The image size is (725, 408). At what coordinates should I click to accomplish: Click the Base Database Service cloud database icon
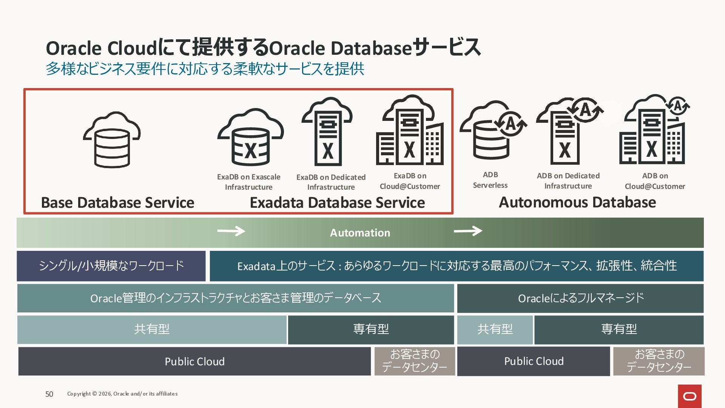click(x=112, y=140)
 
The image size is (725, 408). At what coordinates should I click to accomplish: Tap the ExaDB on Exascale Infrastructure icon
click(x=250, y=138)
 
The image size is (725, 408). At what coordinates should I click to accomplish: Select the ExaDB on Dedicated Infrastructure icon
click(x=327, y=132)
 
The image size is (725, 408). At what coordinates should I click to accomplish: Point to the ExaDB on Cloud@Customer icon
click(x=410, y=130)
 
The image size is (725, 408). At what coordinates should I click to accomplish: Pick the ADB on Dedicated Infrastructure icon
click(x=569, y=131)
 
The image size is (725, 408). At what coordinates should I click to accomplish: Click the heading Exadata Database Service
click(x=337, y=203)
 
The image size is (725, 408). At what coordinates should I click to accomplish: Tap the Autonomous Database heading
click(x=577, y=202)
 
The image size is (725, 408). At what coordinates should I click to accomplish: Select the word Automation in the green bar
click(x=360, y=233)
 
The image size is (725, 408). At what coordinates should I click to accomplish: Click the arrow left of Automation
click(x=231, y=231)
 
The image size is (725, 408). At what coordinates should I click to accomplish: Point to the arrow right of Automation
click(x=468, y=230)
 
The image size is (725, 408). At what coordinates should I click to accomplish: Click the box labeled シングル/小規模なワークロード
click(x=111, y=266)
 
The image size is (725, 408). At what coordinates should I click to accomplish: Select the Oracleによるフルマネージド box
click(x=580, y=298)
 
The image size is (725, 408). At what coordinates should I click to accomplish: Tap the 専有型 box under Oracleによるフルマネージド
click(x=619, y=329)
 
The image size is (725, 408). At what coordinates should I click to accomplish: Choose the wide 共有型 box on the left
click(x=152, y=329)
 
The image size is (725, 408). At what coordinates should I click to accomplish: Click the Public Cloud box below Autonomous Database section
click(x=534, y=362)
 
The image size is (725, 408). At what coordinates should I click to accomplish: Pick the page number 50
click(x=49, y=394)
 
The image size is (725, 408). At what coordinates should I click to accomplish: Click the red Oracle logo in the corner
click(x=690, y=396)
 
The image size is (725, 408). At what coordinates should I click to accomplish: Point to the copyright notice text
click(x=122, y=394)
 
